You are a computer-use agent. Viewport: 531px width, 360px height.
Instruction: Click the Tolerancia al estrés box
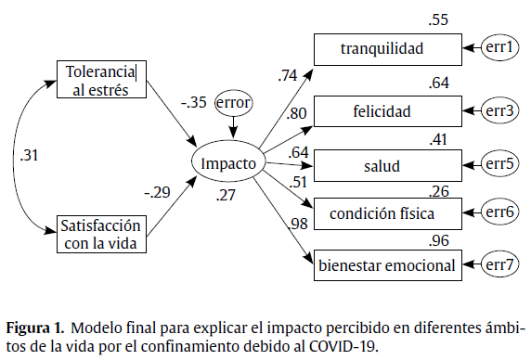(x=100, y=80)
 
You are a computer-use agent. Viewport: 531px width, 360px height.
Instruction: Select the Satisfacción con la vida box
(x=100, y=234)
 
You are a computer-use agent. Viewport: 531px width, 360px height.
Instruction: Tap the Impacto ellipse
(x=228, y=163)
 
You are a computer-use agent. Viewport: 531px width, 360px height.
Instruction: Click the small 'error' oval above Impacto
(x=233, y=101)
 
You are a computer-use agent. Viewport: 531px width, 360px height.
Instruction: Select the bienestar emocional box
(x=387, y=266)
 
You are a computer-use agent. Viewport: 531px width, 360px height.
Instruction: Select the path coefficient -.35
(x=194, y=102)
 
